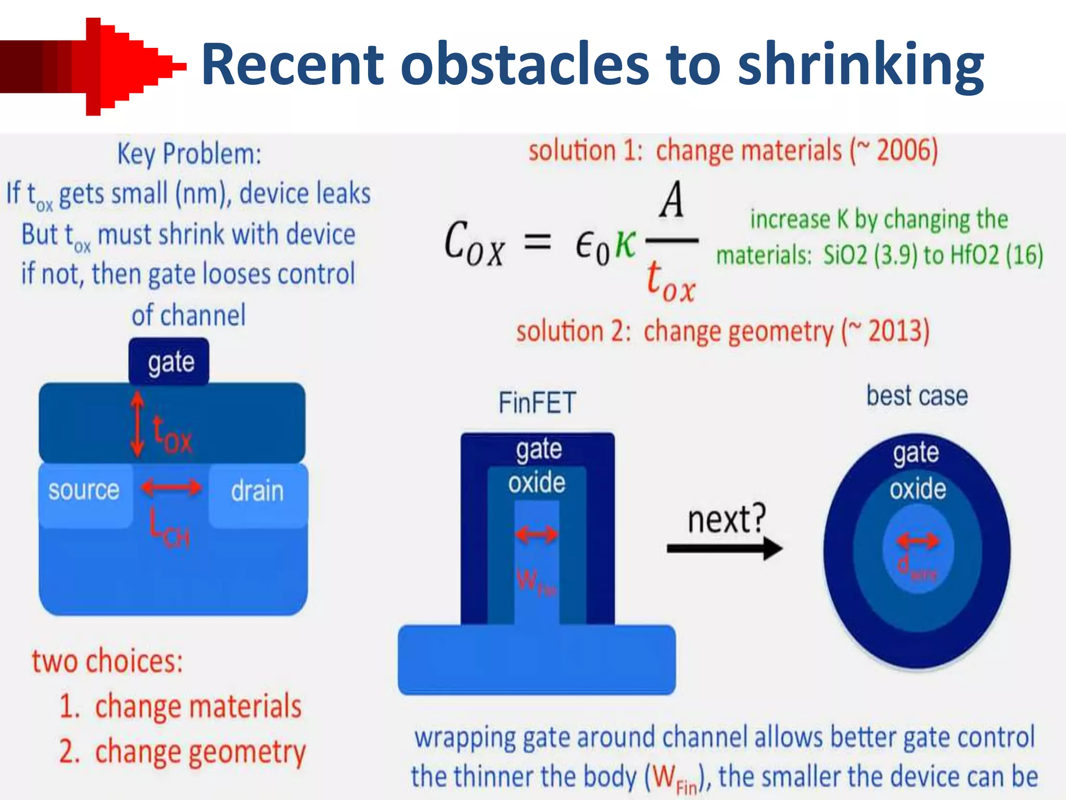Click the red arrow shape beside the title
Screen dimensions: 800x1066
click(94, 67)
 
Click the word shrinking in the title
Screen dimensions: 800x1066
click(861, 67)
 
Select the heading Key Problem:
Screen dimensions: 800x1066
click(189, 154)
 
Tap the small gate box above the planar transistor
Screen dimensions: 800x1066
click(170, 361)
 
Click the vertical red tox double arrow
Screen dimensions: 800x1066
click(137, 424)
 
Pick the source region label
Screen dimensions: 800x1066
click(84, 490)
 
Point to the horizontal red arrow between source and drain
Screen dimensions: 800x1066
click(171, 488)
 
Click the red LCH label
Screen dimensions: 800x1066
click(169, 529)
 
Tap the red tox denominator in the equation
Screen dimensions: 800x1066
click(670, 282)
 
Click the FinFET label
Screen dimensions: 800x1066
click(537, 403)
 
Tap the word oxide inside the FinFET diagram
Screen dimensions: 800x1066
click(537, 483)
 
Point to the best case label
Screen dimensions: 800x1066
click(917, 396)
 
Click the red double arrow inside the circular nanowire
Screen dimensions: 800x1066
click(918, 541)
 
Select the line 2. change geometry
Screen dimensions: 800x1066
click(182, 752)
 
